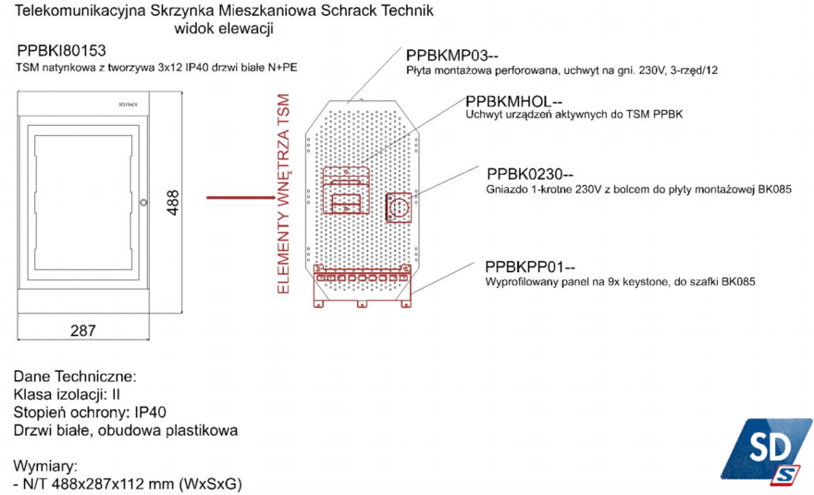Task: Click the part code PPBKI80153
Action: click(x=61, y=50)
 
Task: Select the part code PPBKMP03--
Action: click(x=452, y=56)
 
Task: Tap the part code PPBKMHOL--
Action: click(x=514, y=101)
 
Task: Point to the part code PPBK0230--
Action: click(x=530, y=174)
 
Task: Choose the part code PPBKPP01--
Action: click(x=530, y=266)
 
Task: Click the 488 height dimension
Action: click(x=173, y=203)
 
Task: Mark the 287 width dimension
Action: click(x=83, y=330)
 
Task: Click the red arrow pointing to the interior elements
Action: click(x=240, y=197)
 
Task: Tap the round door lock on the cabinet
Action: click(x=143, y=203)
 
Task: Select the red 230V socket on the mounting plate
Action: click(x=399, y=208)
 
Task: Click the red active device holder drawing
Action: click(x=346, y=190)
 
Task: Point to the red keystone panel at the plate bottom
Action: click(x=363, y=286)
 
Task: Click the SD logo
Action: click(x=766, y=451)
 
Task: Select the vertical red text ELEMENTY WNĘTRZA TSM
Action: click(x=283, y=193)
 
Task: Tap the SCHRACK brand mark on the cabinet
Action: click(x=129, y=105)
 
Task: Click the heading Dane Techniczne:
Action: click(x=75, y=377)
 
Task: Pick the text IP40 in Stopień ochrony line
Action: click(x=151, y=413)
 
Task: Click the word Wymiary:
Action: click(x=45, y=465)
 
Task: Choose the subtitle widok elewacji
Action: click(x=224, y=29)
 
